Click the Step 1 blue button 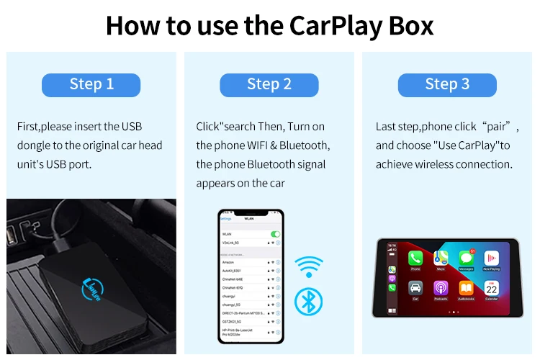pyautogui.click(x=91, y=84)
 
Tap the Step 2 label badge pyautogui.click(x=269, y=84)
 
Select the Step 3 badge pyautogui.click(x=446, y=84)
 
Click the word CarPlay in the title pyautogui.click(x=334, y=25)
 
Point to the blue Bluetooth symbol pyautogui.click(x=309, y=301)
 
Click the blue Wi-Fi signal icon pyautogui.click(x=310, y=266)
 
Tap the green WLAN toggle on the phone pyautogui.click(x=275, y=234)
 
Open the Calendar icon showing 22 pyautogui.click(x=491, y=288)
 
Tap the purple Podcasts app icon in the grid pyautogui.click(x=441, y=288)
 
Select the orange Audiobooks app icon pyautogui.click(x=466, y=288)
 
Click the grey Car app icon pyautogui.click(x=415, y=288)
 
